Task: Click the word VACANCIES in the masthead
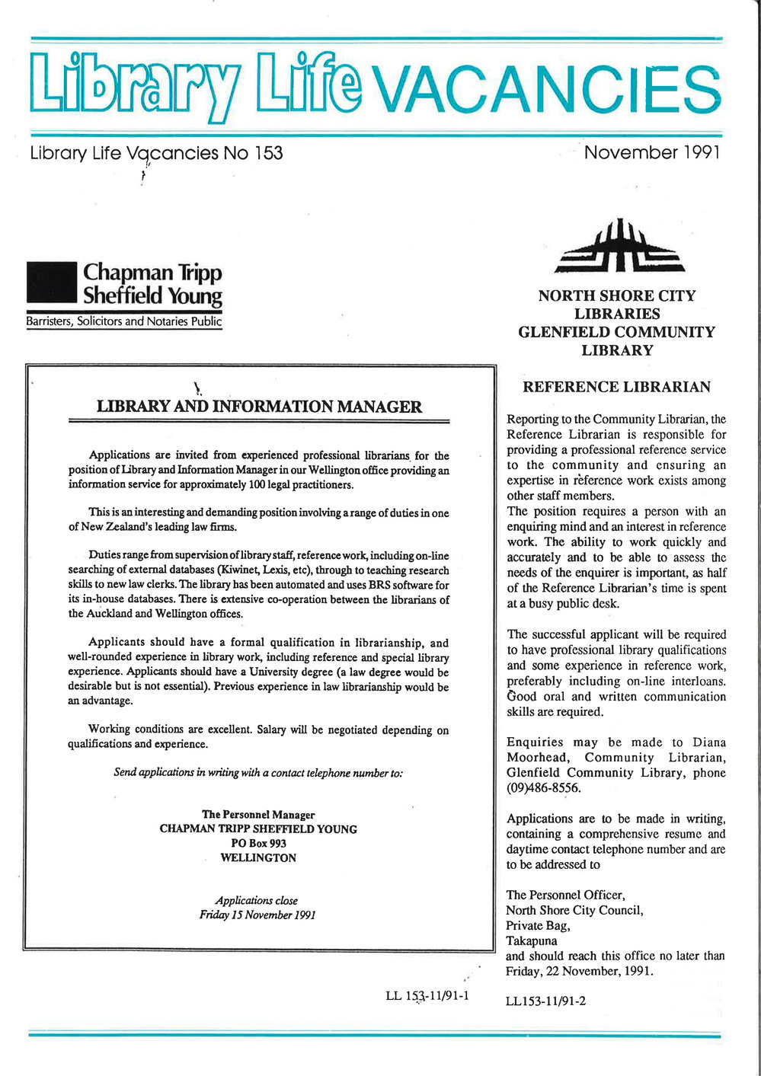click(x=548, y=90)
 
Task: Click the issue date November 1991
click(x=651, y=152)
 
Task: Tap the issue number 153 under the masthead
click(x=269, y=153)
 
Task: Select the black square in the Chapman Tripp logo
click(x=51, y=283)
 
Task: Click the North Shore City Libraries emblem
click(x=619, y=247)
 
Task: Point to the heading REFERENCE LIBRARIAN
click(x=616, y=387)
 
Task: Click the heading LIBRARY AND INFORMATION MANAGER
click(x=259, y=407)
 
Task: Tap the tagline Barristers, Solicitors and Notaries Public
click(x=124, y=321)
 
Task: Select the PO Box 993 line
click(x=258, y=843)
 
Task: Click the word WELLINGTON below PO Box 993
click(x=258, y=857)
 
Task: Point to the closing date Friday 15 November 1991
click(x=257, y=915)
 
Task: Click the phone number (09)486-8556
click(x=543, y=788)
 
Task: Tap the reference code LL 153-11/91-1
click(x=427, y=995)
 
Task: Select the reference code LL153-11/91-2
click(x=545, y=1001)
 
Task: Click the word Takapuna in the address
click(x=532, y=940)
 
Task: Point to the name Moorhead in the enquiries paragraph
click(x=537, y=757)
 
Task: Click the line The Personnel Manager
click(x=258, y=814)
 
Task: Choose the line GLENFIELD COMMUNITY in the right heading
click(x=616, y=332)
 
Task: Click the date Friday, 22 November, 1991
click(x=579, y=971)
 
